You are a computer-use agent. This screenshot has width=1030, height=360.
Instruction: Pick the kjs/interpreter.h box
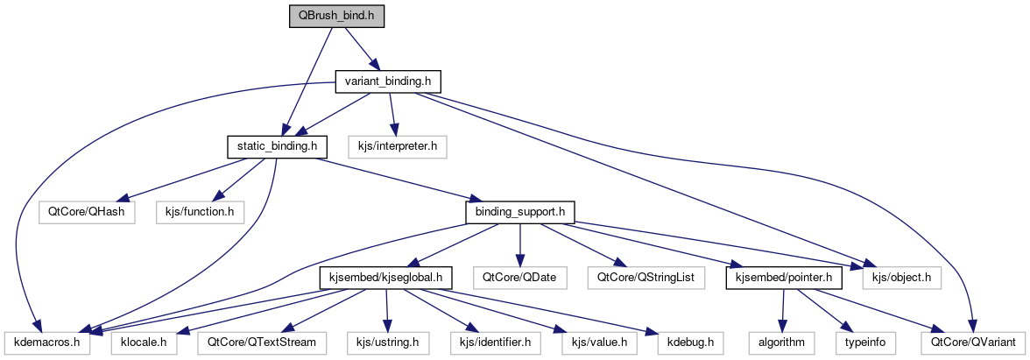(392, 146)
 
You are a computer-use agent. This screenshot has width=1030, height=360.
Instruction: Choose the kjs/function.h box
(194, 211)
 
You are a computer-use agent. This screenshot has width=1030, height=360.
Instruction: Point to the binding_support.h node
(520, 211)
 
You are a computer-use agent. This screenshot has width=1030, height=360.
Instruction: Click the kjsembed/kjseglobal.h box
(384, 278)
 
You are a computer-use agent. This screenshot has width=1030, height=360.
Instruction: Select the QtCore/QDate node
(519, 278)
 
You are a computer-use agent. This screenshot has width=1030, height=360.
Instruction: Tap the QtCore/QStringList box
(646, 278)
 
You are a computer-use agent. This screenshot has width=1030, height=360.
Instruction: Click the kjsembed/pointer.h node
(784, 278)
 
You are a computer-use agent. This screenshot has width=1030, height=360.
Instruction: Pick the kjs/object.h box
(902, 278)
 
